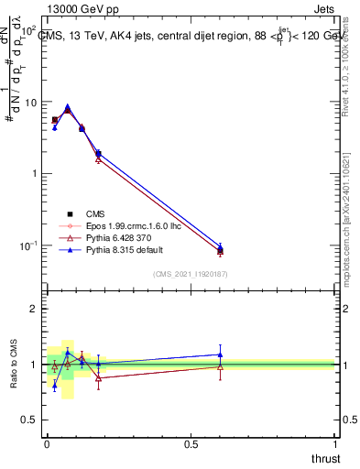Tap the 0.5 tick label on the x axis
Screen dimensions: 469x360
click(x=191, y=442)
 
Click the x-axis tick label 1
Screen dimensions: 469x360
click(x=334, y=442)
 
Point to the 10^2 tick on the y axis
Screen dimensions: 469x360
click(x=27, y=31)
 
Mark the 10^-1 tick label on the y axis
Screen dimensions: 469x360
click(x=27, y=245)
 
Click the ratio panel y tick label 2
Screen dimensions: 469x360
click(x=33, y=310)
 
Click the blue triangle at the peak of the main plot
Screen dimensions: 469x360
click(x=67, y=106)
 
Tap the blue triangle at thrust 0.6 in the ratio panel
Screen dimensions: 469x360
click(x=220, y=354)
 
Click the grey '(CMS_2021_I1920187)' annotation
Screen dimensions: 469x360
click(x=190, y=273)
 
